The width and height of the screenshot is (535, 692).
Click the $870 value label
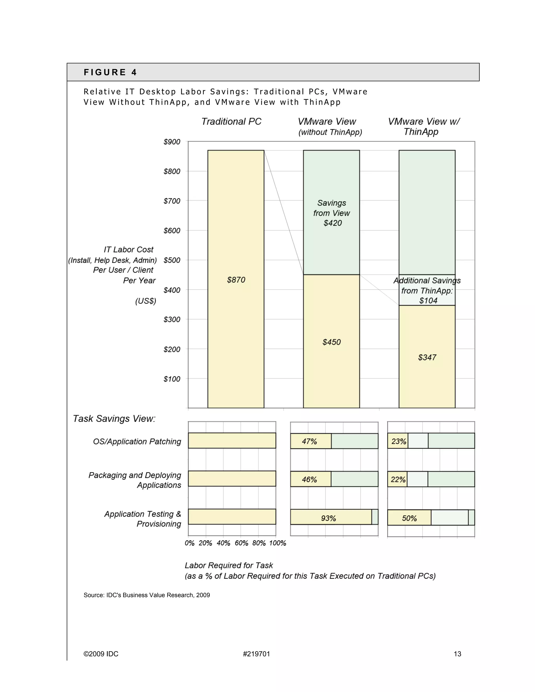point(236,280)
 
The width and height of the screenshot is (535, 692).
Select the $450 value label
point(332,342)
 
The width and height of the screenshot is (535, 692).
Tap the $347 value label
point(427,357)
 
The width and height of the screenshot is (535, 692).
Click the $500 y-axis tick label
point(172,260)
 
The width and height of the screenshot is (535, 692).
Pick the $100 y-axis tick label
point(172,379)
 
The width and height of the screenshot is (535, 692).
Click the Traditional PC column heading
point(231,122)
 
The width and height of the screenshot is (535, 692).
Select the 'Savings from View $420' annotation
point(332,213)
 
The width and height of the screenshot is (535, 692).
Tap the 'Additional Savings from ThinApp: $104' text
point(427,291)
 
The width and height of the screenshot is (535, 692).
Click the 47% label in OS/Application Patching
point(309,441)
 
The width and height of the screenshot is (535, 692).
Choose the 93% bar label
point(328,518)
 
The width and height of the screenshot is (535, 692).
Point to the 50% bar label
point(409,518)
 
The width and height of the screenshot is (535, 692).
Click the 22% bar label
point(398,479)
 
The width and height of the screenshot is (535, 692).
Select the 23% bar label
point(398,441)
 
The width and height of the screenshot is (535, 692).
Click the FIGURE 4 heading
point(110,72)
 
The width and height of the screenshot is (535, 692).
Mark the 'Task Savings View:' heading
point(114,419)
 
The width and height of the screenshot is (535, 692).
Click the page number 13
point(457,654)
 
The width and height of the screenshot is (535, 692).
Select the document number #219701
point(257,654)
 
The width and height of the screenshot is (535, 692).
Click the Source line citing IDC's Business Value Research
point(147,595)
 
